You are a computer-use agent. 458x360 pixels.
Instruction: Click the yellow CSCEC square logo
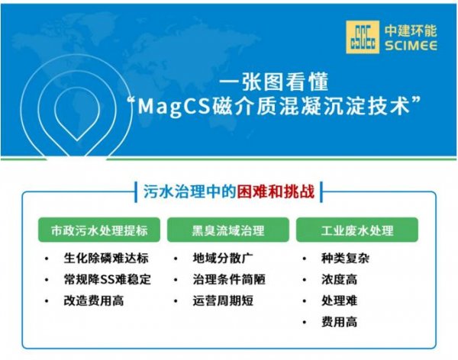tap(363, 37)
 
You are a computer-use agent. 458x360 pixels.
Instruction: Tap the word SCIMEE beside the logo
tap(411, 46)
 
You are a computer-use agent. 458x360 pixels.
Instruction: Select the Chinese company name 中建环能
tap(411, 31)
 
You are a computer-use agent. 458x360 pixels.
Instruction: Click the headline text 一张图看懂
tap(274, 82)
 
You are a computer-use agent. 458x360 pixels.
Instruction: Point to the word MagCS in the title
tap(174, 106)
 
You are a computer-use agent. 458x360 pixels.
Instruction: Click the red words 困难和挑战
tap(276, 192)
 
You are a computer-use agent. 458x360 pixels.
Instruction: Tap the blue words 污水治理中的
tap(189, 192)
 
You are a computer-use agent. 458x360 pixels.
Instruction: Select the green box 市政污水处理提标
tap(99, 230)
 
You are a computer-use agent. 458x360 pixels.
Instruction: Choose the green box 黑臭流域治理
tap(228, 230)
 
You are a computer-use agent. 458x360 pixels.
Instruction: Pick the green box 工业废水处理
tap(357, 230)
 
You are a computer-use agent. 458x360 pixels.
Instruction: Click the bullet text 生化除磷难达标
tap(106, 258)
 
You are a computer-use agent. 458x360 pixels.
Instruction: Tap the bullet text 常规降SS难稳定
tap(108, 279)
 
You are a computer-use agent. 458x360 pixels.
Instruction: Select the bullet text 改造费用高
tap(94, 301)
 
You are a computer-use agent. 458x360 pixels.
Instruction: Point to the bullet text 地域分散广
tap(223, 258)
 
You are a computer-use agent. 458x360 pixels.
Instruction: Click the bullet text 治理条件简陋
tap(229, 279)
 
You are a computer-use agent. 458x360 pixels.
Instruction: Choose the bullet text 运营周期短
tap(223, 301)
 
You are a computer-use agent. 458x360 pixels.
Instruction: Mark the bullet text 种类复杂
tap(346, 258)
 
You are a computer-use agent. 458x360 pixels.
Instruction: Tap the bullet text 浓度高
tap(340, 279)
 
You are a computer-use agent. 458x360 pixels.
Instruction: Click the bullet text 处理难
tap(340, 301)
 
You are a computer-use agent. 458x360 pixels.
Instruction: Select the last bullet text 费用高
tap(340, 322)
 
